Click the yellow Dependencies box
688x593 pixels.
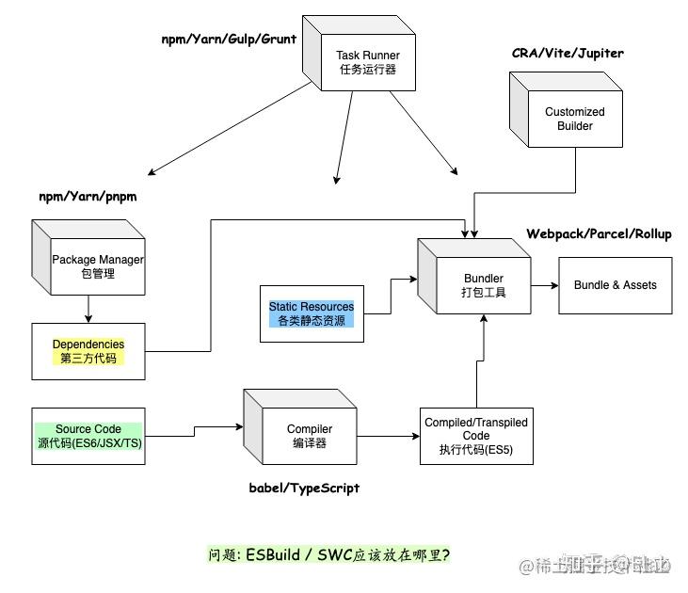(x=88, y=351)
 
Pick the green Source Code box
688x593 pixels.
(x=88, y=436)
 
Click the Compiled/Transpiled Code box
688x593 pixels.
(x=476, y=436)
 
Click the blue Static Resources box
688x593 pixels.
(x=312, y=313)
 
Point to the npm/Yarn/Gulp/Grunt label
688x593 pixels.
(x=229, y=39)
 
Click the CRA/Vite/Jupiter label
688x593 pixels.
(x=568, y=54)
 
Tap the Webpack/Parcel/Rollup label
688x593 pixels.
(x=599, y=233)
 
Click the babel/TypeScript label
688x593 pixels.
(x=304, y=488)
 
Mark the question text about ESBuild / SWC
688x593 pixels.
(x=329, y=554)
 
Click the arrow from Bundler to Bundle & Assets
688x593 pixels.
(x=545, y=284)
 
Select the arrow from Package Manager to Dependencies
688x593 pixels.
(x=88, y=308)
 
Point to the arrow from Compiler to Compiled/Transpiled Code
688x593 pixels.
(x=388, y=436)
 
